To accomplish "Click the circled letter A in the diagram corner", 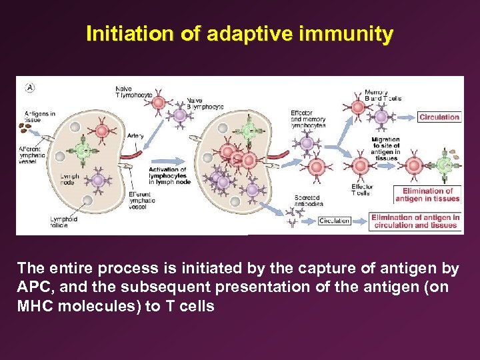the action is click(x=29, y=87).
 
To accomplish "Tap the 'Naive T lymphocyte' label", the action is click(x=133, y=92).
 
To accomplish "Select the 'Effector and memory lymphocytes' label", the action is click(x=308, y=119).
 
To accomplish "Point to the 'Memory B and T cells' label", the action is click(x=383, y=95).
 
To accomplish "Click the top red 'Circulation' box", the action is click(x=439, y=117).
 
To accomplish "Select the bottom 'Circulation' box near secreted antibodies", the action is click(x=334, y=221).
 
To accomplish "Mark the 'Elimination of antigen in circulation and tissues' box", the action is click(x=415, y=221).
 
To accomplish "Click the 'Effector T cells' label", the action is click(x=361, y=190).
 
